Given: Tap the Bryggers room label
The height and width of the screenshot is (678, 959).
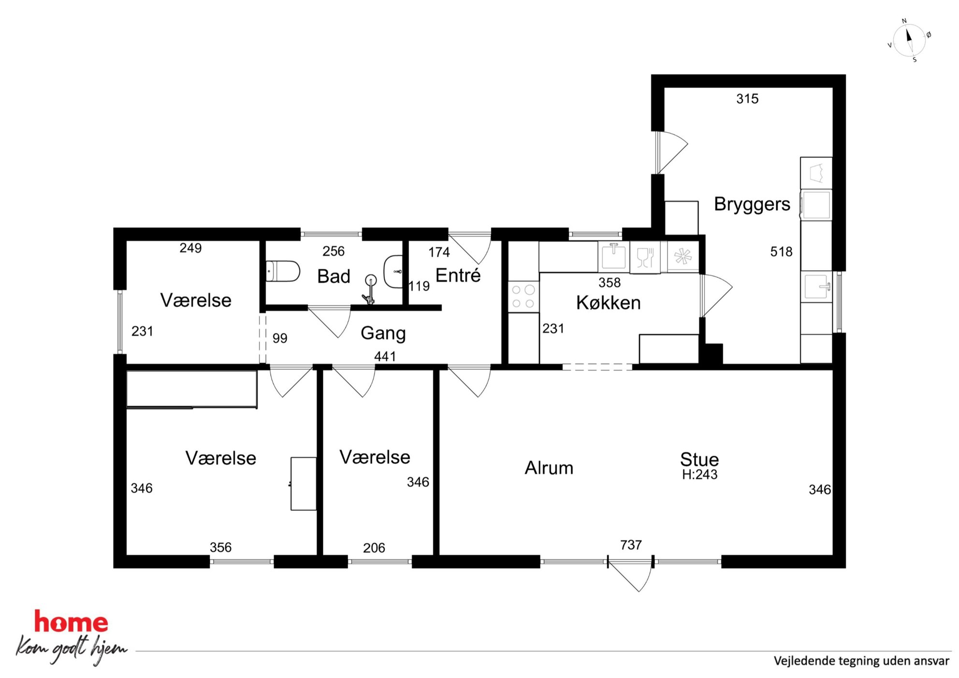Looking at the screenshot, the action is click(x=752, y=204).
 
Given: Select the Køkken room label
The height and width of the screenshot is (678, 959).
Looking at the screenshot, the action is click(x=608, y=303).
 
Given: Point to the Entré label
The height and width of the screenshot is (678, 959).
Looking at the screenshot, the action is click(x=458, y=275).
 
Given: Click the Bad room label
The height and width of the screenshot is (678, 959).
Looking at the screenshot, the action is click(x=334, y=276).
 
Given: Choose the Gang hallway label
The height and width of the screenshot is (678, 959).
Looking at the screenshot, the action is click(x=383, y=333).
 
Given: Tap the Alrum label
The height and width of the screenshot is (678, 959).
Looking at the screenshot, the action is click(x=549, y=468).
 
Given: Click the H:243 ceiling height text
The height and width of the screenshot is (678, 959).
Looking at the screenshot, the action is click(x=699, y=475).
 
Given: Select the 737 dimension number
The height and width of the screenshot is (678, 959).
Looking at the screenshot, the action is click(x=631, y=545).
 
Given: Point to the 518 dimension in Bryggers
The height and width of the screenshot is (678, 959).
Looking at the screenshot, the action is click(x=781, y=252).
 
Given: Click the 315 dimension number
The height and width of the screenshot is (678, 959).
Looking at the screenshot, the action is click(x=747, y=99).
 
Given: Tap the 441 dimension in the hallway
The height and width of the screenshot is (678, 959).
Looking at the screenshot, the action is click(x=385, y=357).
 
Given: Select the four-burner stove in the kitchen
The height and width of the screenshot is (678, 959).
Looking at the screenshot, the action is click(x=523, y=297).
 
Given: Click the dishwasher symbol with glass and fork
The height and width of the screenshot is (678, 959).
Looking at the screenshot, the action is click(x=645, y=257).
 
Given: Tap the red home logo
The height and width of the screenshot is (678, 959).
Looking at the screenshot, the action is click(x=71, y=622).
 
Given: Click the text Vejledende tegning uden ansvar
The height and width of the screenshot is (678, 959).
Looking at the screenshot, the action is click(x=861, y=661).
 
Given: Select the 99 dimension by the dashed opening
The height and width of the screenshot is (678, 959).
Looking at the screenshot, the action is click(x=280, y=338).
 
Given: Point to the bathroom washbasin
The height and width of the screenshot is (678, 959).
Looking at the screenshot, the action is click(x=393, y=272).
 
